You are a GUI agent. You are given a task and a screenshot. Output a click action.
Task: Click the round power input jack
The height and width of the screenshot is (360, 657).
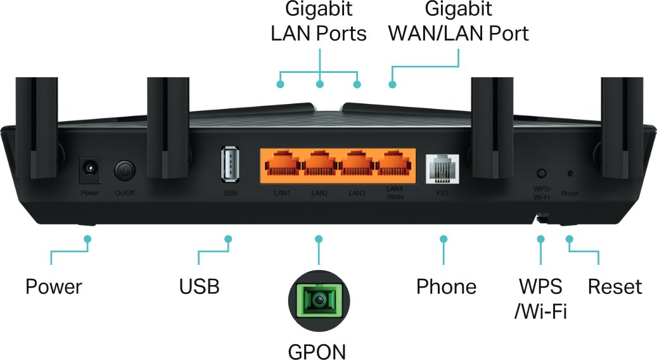89,169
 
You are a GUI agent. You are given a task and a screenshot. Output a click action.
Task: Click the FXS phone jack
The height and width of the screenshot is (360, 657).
441,168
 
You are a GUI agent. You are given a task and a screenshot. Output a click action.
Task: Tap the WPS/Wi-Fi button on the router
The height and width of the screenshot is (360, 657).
541,173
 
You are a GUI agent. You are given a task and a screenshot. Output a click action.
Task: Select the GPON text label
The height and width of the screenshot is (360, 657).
317,350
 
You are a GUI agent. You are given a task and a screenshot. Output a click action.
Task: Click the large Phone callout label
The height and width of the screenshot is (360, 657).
446,286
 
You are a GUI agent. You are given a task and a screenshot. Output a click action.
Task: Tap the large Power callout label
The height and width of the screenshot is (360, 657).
54,286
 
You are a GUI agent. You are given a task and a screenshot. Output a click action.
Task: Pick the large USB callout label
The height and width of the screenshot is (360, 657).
199,286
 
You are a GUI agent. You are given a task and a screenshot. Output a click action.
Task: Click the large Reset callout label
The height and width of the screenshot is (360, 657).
615,286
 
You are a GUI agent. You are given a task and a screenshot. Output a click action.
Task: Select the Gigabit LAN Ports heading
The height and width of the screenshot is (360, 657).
319,21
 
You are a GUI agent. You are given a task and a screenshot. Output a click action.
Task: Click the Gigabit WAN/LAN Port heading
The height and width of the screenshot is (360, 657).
459,21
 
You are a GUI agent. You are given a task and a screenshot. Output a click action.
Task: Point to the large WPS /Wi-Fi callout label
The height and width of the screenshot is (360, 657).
540,298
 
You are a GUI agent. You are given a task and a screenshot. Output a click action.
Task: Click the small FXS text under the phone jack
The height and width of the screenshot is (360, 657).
442,192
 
